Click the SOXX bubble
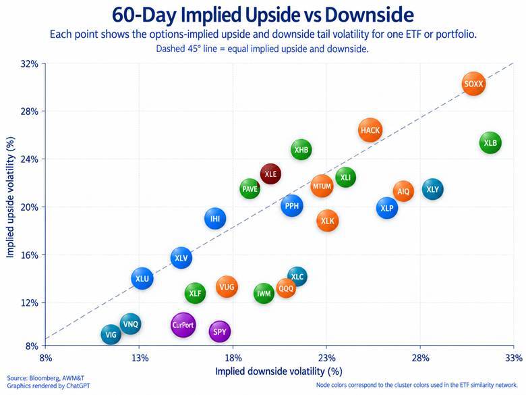click(x=473, y=84)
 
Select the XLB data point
click(x=490, y=143)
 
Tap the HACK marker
click(x=370, y=130)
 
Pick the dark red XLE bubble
click(x=270, y=174)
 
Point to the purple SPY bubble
click(x=220, y=332)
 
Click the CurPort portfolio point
click(x=183, y=325)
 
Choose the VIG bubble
click(x=111, y=334)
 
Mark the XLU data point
click(x=142, y=278)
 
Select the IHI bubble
click(x=215, y=219)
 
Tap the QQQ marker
click(x=286, y=288)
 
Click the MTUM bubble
click(x=322, y=186)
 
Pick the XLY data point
click(x=433, y=190)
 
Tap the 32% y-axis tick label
click(x=30, y=64)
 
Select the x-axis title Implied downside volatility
click(x=279, y=371)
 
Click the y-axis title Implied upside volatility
click(x=11, y=197)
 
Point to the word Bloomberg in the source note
click(x=44, y=378)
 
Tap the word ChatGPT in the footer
click(x=78, y=386)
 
